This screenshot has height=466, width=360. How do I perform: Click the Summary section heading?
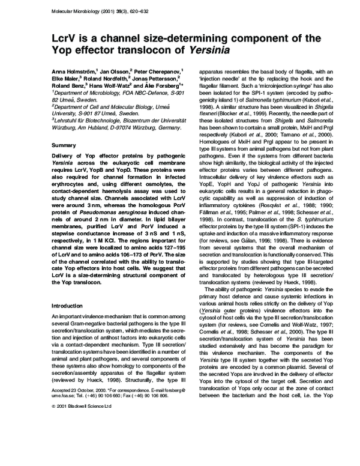64,145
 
